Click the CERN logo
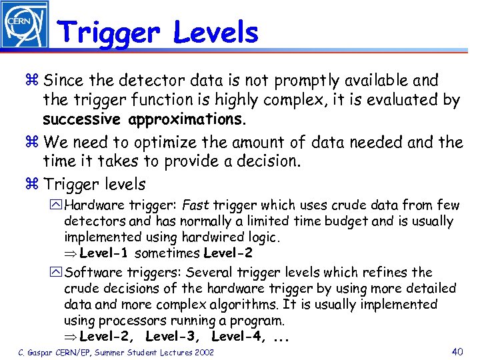(x=25, y=25)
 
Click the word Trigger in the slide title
(x=107, y=32)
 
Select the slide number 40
(x=457, y=351)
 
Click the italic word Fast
(x=195, y=205)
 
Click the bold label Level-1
(x=105, y=253)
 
